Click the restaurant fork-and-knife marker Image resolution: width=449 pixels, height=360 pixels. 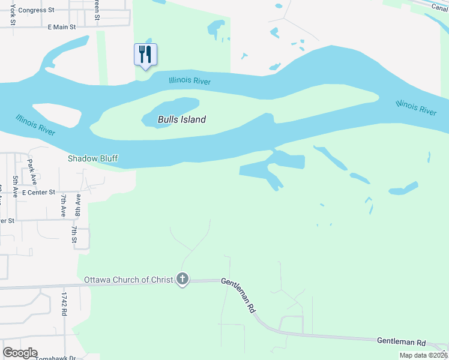tap(145, 55)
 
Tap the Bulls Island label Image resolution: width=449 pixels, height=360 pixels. tap(182, 119)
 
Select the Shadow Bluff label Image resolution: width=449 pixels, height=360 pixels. tap(92, 158)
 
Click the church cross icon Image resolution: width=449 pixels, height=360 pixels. tap(182, 279)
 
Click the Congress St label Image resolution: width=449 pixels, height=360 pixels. tap(36, 10)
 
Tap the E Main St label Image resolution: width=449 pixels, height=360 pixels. tap(62, 27)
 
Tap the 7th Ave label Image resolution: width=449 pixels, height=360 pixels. tap(62, 205)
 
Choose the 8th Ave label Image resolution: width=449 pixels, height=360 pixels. tap(77, 205)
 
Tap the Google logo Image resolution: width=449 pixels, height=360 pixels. tap(20, 353)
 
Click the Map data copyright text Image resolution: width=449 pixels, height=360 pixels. tap(423, 355)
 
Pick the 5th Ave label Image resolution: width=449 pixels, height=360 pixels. tap(15, 186)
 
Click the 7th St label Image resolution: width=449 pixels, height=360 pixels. tap(74, 235)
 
